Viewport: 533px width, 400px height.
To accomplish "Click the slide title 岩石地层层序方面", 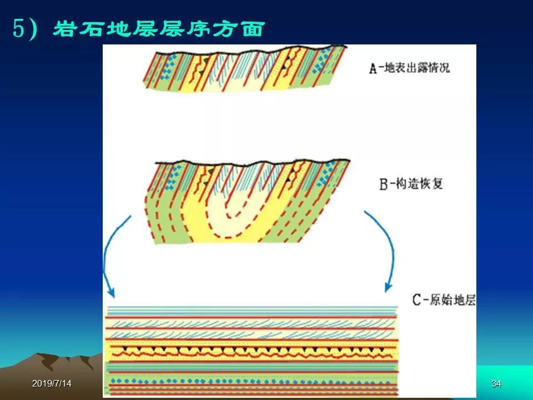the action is pyautogui.click(x=159, y=28).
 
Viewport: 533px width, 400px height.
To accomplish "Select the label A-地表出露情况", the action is pyautogui.click(x=409, y=68).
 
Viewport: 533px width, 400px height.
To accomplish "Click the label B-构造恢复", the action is pyautogui.click(x=411, y=184).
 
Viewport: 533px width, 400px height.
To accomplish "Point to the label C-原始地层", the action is pyautogui.click(x=444, y=300).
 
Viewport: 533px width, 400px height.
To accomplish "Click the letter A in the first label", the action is pyautogui.click(x=373, y=68).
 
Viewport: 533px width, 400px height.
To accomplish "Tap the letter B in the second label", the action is pyautogui.click(x=383, y=184).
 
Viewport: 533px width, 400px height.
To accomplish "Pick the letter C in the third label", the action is pyautogui.click(x=417, y=301).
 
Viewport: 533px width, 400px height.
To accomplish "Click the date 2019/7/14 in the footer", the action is pyautogui.click(x=52, y=384).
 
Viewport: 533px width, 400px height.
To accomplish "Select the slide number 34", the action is pyautogui.click(x=496, y=384).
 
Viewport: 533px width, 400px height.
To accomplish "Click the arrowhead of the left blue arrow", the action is pyautogui.click(x=111, y=292).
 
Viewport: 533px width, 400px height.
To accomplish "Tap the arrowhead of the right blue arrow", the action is pyautogui.click(x=388, y=287).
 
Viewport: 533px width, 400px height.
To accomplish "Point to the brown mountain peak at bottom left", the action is pyautogui.click(x=44, y=357).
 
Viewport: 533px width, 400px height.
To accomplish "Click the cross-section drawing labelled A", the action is pyautogui.click(x=245, y=68).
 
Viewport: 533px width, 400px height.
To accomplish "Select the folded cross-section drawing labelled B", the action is pyautogui.click(x=248, y=201).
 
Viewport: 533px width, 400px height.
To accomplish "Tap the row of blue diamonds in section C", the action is pyautogui.click(x=252, y=382).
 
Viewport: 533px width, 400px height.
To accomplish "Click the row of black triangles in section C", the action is pyautogui.click(x=253, y=349).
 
